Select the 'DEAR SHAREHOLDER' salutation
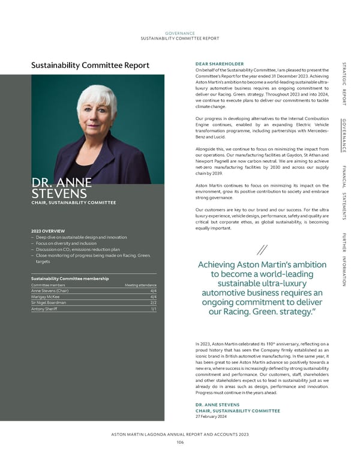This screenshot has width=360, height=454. click(219, 64)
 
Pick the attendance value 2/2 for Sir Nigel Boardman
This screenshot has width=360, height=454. click(152, 303)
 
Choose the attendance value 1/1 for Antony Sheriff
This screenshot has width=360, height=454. click(153, 309)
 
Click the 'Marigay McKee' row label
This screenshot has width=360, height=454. click(46, 297)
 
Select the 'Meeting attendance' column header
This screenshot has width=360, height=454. click(140, 285)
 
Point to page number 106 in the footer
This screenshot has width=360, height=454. click(180, 442)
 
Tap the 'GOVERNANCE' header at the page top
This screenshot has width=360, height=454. click(180, 34)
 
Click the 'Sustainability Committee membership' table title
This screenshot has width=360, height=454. click(70, 278)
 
